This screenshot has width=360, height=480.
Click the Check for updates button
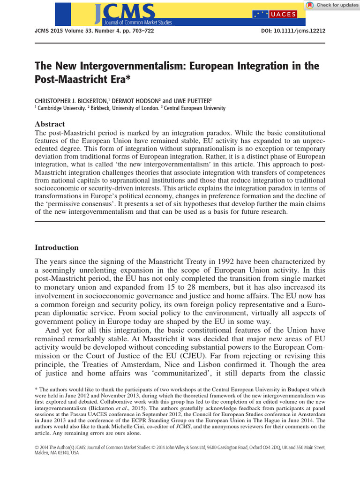point(332,5)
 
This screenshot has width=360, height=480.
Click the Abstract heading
point(50,124)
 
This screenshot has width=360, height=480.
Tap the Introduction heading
point(57,247)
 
